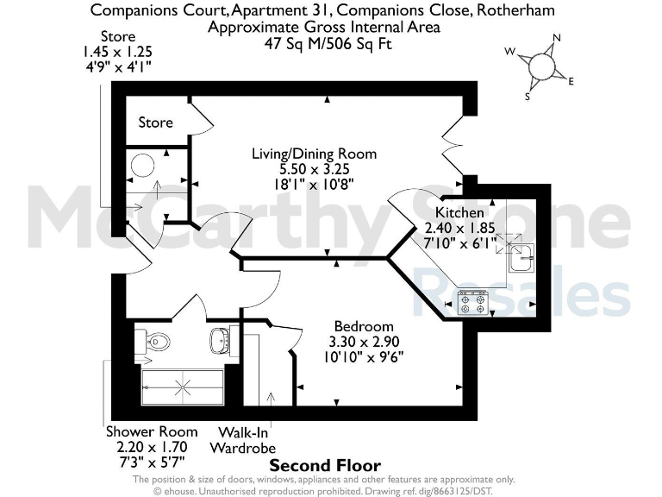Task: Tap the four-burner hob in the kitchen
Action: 472,302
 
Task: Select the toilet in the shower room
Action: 155,342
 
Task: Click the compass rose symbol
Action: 540,66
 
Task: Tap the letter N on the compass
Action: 557,38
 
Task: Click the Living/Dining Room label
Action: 314,154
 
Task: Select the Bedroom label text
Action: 364,326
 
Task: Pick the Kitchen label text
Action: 459,213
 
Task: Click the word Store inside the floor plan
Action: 156,123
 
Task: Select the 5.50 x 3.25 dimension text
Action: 314,169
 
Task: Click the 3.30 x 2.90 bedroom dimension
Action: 364,341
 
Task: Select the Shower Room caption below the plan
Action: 152,431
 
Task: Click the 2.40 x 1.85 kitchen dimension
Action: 459,228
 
